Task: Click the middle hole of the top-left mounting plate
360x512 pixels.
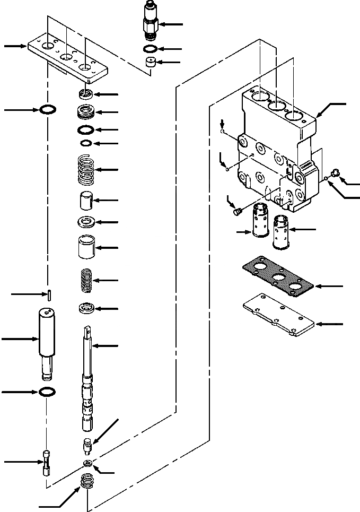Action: pyautogui.click(x=66, y=57)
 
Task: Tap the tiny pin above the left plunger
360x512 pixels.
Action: pyautogui.click(x=48, y=294)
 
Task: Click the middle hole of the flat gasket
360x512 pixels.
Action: pyautogui.click(x=276, y=277)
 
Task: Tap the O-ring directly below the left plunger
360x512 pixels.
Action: pyautogui.click(x=48, y=392)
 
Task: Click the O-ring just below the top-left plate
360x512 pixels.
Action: pyautogui.click(x=48, y=110)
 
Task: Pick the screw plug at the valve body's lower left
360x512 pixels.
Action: pyautogui.click(x=238, y=212)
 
